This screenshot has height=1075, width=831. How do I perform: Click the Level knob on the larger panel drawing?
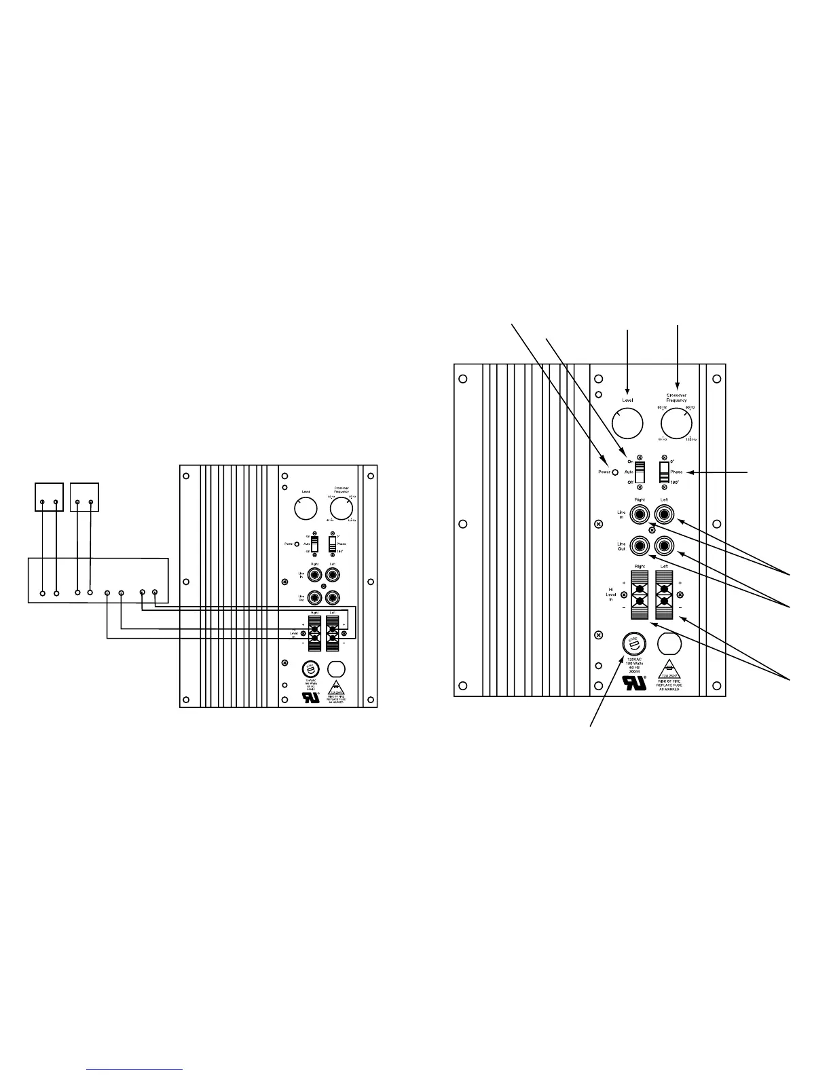pyautogui.click(x=627, y=423)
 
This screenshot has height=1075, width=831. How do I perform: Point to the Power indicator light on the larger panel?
pyautogui.click(x=615, y=472)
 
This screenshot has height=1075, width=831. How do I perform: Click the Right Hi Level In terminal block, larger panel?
pyautogui.click(x=640, y=595)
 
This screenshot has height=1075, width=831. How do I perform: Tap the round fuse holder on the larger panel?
pyautogui.click(x=633, y=644)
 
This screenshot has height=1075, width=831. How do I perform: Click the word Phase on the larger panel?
pyautogui.click(x=676, y=472)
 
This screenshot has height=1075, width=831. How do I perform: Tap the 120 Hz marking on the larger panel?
pyautogui.click(x=690, y=440)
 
